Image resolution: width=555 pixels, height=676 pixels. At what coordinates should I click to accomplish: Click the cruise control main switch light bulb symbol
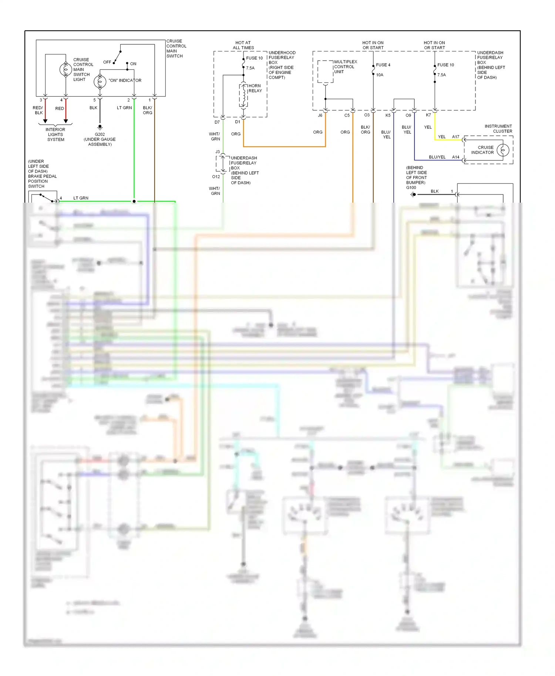66,70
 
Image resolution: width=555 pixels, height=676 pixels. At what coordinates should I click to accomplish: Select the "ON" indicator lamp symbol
100,81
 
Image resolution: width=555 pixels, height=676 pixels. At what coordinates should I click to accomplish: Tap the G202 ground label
100,134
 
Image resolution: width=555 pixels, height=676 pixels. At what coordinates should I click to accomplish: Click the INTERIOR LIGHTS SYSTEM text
55,135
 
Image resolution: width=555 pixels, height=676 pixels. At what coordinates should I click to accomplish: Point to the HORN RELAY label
255,88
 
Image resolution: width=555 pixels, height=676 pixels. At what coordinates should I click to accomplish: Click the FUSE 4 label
383,65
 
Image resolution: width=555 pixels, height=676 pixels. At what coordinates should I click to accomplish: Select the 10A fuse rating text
380,75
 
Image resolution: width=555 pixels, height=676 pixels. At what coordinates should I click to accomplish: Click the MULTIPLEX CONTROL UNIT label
345,67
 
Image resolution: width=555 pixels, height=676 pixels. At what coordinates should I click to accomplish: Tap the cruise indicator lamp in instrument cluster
503,150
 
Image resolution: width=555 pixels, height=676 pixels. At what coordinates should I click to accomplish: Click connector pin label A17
455,137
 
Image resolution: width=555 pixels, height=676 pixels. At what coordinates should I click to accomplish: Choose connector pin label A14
455,157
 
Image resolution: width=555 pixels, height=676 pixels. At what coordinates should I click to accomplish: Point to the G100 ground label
411,187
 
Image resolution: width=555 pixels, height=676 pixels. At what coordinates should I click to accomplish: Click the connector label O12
216,177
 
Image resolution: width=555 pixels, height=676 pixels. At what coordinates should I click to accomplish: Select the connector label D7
217,122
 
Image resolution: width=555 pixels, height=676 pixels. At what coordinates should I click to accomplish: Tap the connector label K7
428,115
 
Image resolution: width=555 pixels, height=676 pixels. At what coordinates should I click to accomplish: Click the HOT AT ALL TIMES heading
243,45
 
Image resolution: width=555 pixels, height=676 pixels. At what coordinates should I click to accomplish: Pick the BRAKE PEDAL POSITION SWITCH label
42,181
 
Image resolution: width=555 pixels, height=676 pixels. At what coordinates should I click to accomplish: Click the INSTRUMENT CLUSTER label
498,129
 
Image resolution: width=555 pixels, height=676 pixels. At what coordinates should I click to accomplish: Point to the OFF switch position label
107,62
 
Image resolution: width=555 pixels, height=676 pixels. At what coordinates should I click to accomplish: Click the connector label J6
320,115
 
